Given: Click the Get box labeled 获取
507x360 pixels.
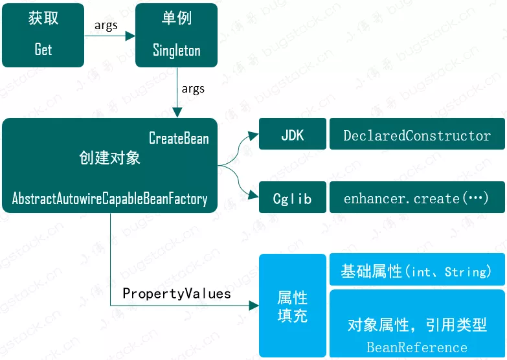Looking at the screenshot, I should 43,35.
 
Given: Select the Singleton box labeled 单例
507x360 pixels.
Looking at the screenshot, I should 176,35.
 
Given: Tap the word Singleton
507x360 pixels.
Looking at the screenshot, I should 176,50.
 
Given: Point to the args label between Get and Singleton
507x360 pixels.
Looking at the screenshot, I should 106,25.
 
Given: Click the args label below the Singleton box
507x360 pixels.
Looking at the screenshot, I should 193,89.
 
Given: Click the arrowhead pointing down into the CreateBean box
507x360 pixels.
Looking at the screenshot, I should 175,113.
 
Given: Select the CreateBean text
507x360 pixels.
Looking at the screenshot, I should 179,138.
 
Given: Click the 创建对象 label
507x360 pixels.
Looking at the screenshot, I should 107,157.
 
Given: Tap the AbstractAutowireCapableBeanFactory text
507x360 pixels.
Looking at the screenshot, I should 109,198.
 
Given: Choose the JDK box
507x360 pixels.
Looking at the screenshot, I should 293,135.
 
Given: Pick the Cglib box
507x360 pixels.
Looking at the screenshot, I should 293,198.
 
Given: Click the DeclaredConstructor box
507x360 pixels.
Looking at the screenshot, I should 417,135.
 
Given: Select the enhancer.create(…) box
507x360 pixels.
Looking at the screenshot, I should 417,198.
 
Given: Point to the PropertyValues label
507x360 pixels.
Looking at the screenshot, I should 177,293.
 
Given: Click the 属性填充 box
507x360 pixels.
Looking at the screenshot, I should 293,306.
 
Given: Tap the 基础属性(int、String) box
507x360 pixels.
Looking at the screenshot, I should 417,271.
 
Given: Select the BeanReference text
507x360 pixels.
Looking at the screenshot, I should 417,347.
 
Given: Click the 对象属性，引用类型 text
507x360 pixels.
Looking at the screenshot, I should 417,325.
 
